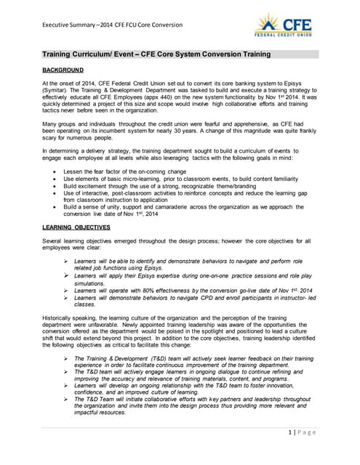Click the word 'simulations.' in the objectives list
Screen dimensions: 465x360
(x=92, y=281)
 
